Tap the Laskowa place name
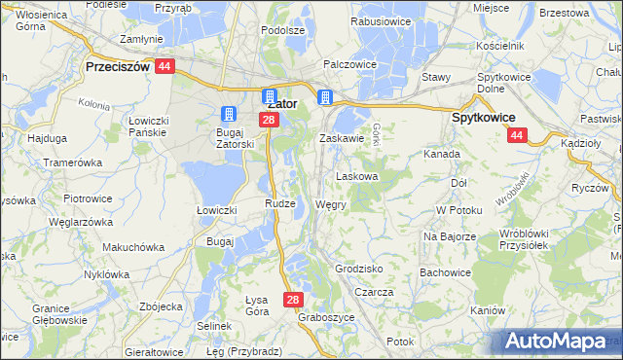(357, 177)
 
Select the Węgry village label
(331, 206)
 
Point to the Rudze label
(279, 202)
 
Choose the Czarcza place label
(374, 292)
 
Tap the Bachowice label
(447, 271)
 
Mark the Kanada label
(442, 154)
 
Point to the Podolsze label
(283, 30)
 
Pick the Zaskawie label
(342, 139)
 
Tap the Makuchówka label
(134, 247)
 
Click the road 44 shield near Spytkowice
(517, 136)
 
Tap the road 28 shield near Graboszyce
(295, 301)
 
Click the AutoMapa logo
(558, 341)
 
